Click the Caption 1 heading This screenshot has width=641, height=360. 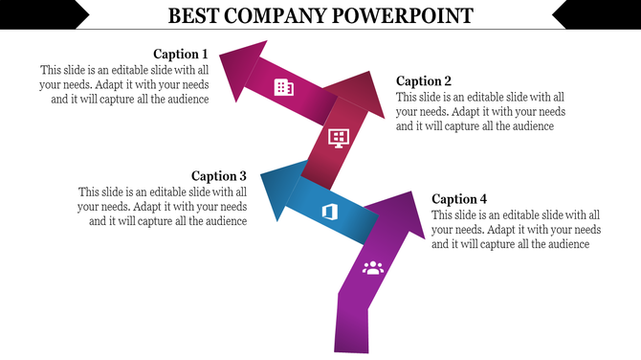(181, 54)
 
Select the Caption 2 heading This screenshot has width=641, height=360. (424, 81)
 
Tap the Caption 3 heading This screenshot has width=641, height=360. (219, 176)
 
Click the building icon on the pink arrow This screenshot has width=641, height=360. (283, 87)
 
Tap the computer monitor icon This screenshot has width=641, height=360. (338, 137)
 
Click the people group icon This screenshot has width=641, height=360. (372, 267)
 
